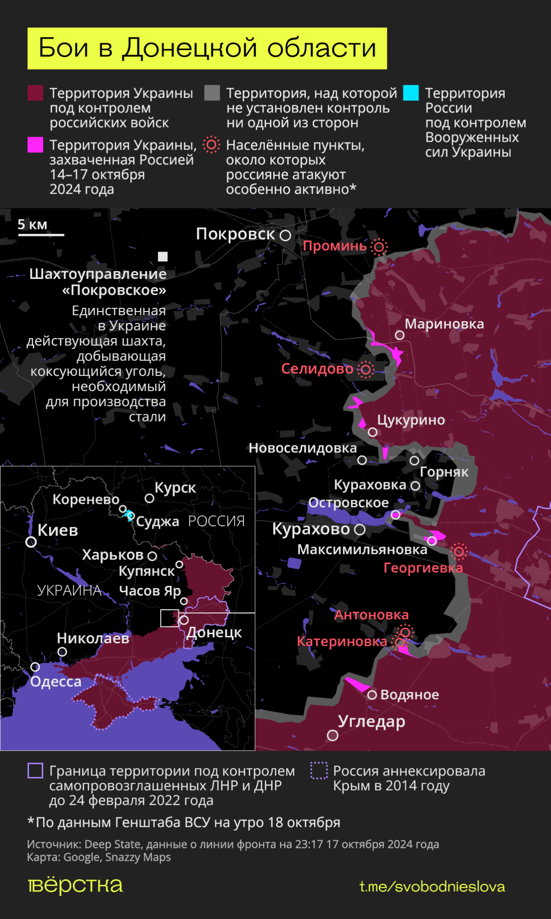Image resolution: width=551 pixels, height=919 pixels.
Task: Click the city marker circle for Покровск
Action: [x=286, y=235]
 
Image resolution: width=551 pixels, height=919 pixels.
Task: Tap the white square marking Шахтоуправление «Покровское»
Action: [x=163, y=256]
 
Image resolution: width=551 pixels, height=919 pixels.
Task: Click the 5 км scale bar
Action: [x=41, y=235]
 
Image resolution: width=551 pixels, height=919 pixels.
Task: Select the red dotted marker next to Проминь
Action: [x=379, y=247]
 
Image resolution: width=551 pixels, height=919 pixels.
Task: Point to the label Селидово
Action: [x=317, y=369]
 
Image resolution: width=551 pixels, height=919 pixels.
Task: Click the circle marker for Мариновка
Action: [x=400, y=335]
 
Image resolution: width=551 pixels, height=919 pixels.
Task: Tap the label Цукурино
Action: [x=411, y=420]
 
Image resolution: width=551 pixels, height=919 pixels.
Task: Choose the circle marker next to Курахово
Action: [x=360, y=530]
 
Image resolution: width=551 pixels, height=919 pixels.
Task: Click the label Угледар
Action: [x=371, y=721]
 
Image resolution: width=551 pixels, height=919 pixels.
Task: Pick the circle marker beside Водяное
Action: [x=372, y=695]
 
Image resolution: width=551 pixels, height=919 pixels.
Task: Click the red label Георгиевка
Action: [x=423, y=567]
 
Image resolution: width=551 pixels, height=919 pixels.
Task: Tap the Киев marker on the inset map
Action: [x=31, y=542]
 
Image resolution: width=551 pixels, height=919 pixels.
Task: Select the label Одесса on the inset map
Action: [x=56, y=682]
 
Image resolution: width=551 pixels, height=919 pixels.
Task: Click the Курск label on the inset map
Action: [x=175, y=488]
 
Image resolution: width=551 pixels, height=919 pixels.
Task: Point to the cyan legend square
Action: [x=411, y=92]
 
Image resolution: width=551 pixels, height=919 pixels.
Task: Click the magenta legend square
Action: [x=35, y=144]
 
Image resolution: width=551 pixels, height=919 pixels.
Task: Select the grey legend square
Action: [x=212, y=92]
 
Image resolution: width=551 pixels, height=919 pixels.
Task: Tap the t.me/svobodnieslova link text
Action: [x=432, y=886]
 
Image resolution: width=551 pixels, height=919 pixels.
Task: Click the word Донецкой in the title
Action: [x=190, y=48]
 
